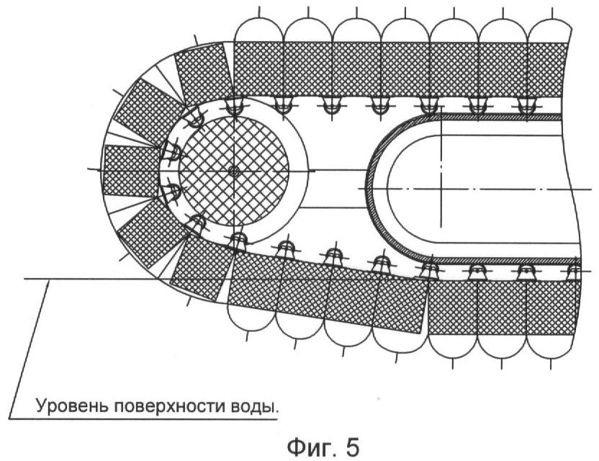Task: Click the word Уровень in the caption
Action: tap(68, 406)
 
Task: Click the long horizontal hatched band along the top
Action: tap(403, 68)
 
